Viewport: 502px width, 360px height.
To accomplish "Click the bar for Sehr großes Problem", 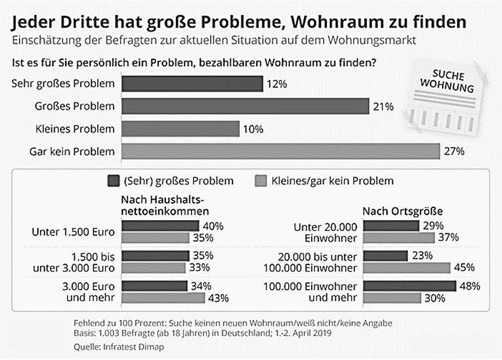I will (192, 83).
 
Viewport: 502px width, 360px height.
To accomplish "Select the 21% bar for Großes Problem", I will (245, 106).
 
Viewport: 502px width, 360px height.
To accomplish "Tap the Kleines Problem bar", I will (180, 129).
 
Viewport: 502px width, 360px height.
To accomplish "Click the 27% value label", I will (455, 151).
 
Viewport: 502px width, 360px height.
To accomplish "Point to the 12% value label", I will (277, 83).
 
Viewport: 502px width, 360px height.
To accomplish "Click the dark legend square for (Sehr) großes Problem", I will (113, 181).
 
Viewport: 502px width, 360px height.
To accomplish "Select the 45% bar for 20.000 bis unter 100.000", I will (406, 267).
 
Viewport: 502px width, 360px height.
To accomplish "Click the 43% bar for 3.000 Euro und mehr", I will (163, 297).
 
